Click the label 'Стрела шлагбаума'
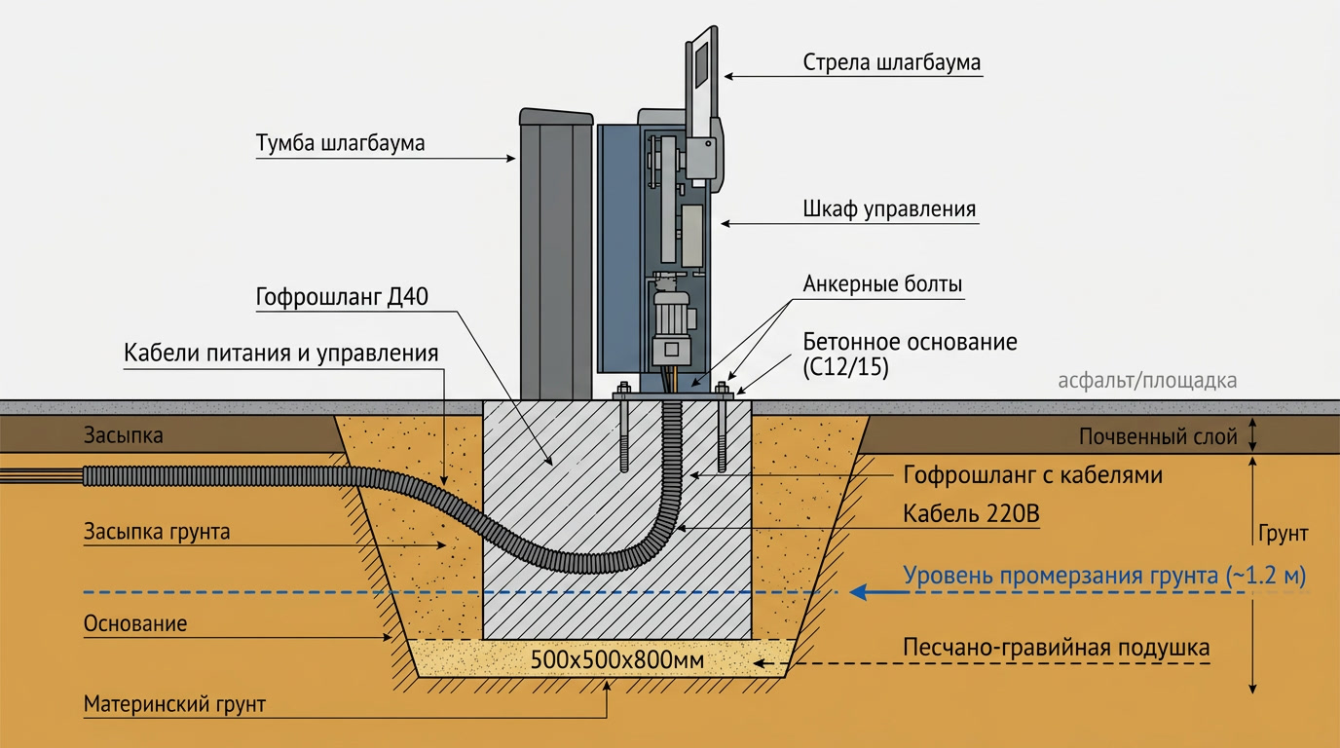click(891, 63)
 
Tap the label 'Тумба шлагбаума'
click(341, 143)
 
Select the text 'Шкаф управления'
click(889, 209)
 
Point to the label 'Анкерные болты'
click(882, 283)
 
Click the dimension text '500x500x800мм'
click(616, 660)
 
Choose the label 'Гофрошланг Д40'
click(342, 297)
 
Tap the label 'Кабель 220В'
click(971, 513)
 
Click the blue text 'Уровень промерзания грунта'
click(1061, 576)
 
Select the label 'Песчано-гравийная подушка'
click(1056, 648)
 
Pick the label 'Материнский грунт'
click(174, 704)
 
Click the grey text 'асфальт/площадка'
click(1147, 381)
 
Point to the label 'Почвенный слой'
click(1158, 437)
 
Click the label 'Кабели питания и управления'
click(281, 353)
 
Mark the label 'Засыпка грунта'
click(157, 532)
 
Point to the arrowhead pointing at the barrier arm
click(729, 77)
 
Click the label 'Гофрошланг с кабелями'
click(1032, 475)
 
